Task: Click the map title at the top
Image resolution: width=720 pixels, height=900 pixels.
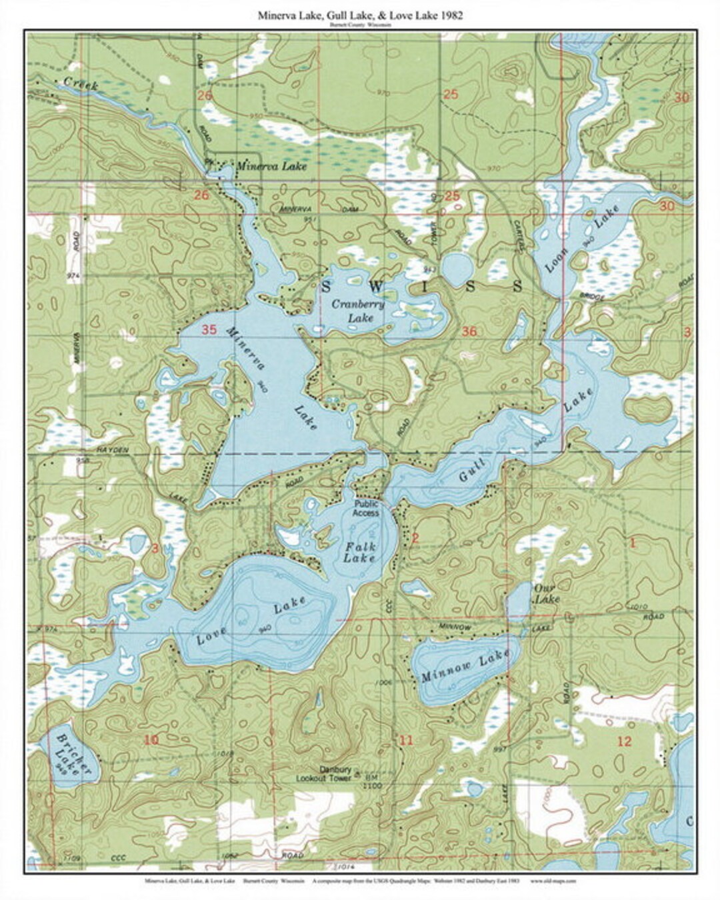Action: coord(360,15)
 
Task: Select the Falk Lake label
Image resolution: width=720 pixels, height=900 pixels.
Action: coord(360,553)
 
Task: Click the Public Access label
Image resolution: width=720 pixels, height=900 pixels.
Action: coord(367,508)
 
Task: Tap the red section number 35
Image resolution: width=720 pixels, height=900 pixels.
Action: coord(209,329)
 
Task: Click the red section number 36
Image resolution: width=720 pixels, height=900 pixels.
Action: coord(469,331)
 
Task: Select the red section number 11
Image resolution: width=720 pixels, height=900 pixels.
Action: coord(406,740)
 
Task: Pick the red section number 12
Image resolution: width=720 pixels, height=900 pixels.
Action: coord(624,741)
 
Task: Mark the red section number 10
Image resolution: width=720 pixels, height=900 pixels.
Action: coord(151,739)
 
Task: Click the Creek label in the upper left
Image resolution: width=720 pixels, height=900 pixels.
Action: coord(81,84)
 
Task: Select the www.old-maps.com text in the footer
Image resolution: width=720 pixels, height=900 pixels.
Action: coord(553,881)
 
